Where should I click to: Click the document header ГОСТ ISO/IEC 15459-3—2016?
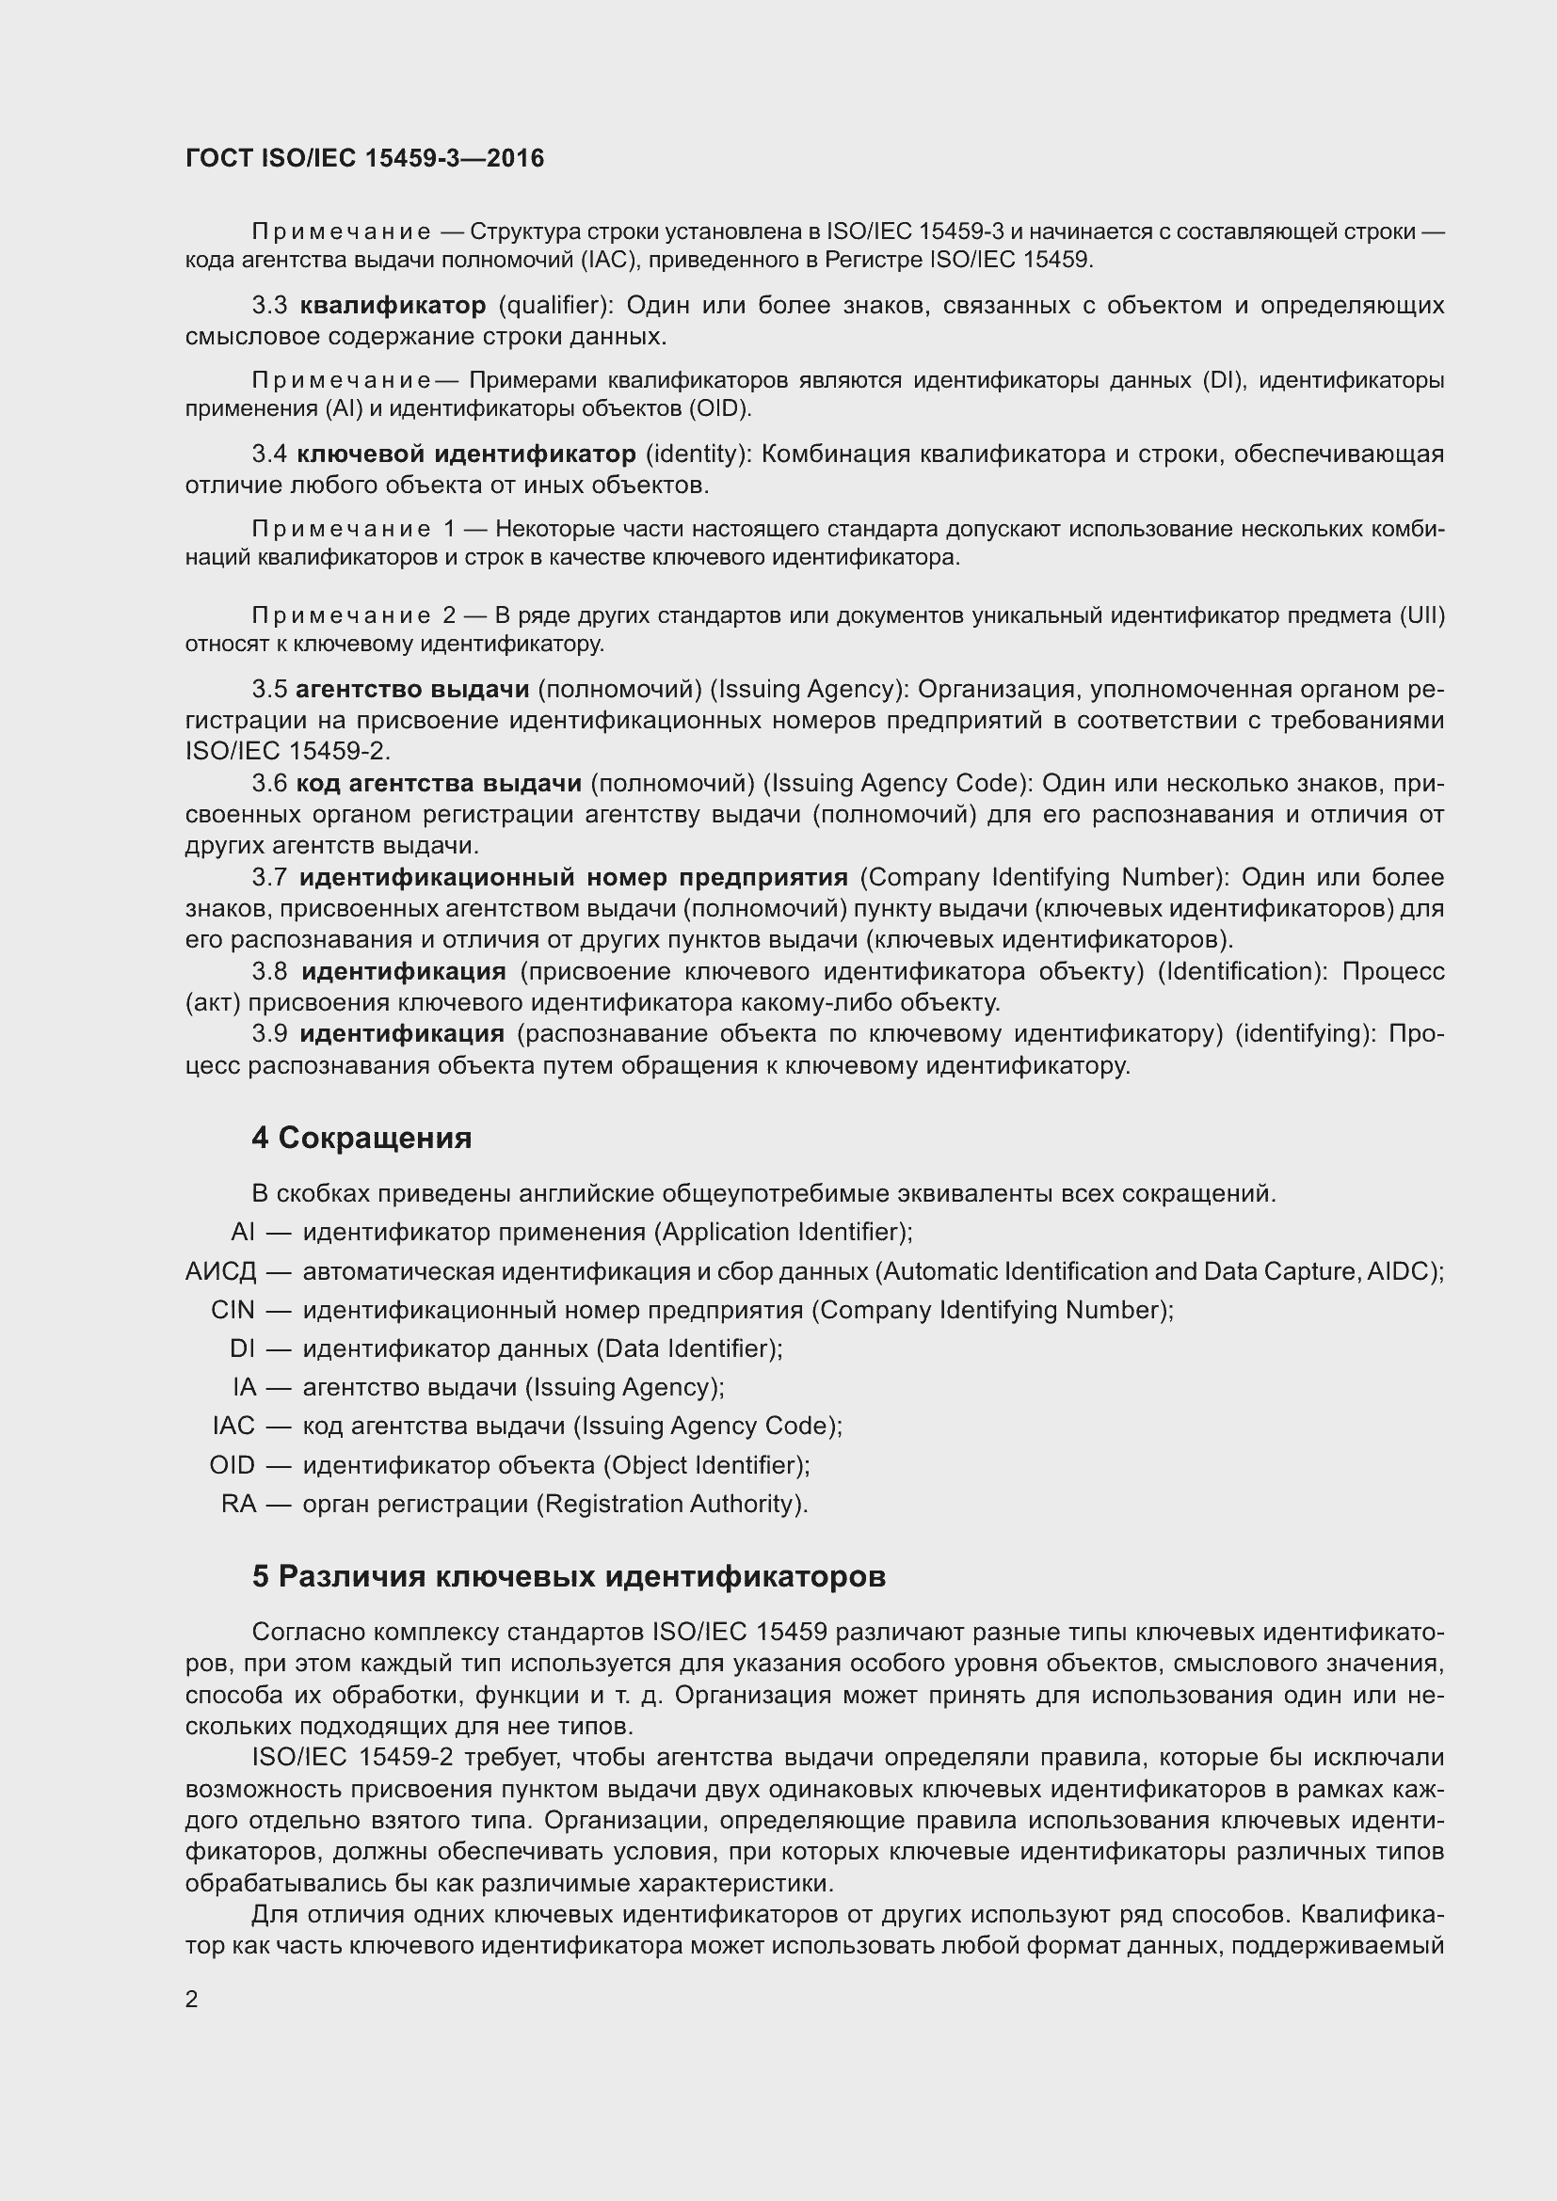[364, 159]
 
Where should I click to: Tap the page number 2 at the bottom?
[192, 1999]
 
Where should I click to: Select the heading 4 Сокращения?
[361, 1138]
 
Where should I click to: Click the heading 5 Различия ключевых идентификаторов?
[569, 1576]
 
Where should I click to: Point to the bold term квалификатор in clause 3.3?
[393, 306]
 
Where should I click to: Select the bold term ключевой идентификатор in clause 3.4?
[466, 454]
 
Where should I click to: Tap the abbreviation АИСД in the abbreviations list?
[220, 1272]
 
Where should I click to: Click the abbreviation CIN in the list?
[233, 1311]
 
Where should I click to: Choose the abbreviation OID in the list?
[232, 1465]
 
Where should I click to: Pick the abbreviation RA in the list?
[239, 1503]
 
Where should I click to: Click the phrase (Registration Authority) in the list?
[671, 1503]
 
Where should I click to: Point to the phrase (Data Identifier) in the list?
[689, 1348]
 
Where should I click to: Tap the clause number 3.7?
[269, 877]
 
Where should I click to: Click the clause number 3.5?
[269, 689]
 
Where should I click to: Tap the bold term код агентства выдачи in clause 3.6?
[439, 783]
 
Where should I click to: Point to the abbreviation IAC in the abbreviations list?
[234, 1426]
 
